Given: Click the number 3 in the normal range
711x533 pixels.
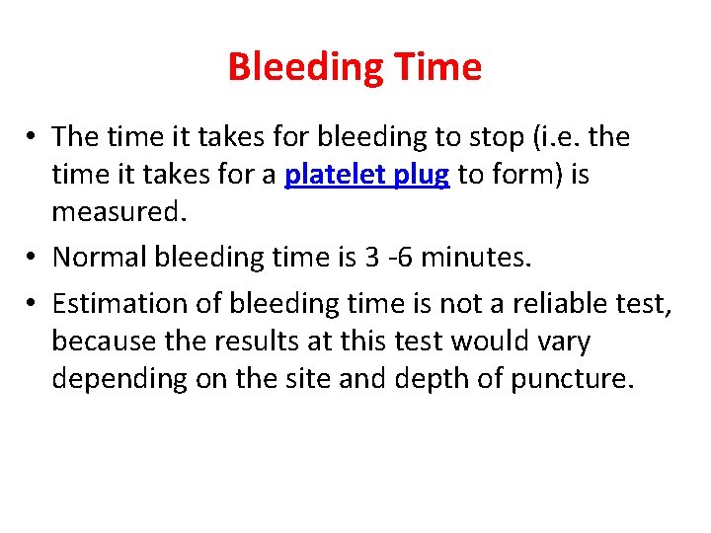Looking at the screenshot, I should coord(371,258).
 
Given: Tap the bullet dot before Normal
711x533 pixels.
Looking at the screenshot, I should coord(36,259).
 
